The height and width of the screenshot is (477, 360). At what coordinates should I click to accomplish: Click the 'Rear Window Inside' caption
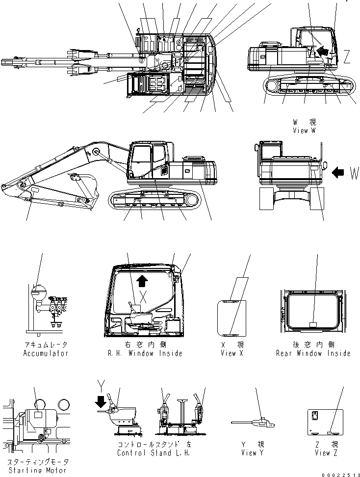tap(313, 353)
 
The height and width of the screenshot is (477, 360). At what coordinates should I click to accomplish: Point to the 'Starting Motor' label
tap(37, 470)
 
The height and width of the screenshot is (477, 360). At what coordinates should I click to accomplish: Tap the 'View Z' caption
tap(323, 453)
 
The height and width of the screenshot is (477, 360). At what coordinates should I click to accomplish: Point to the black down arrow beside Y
tap(101, 402)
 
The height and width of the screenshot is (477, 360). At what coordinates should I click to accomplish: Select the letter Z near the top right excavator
tap(347, 57)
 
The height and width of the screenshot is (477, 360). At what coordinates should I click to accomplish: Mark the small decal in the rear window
tap(314, 324)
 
